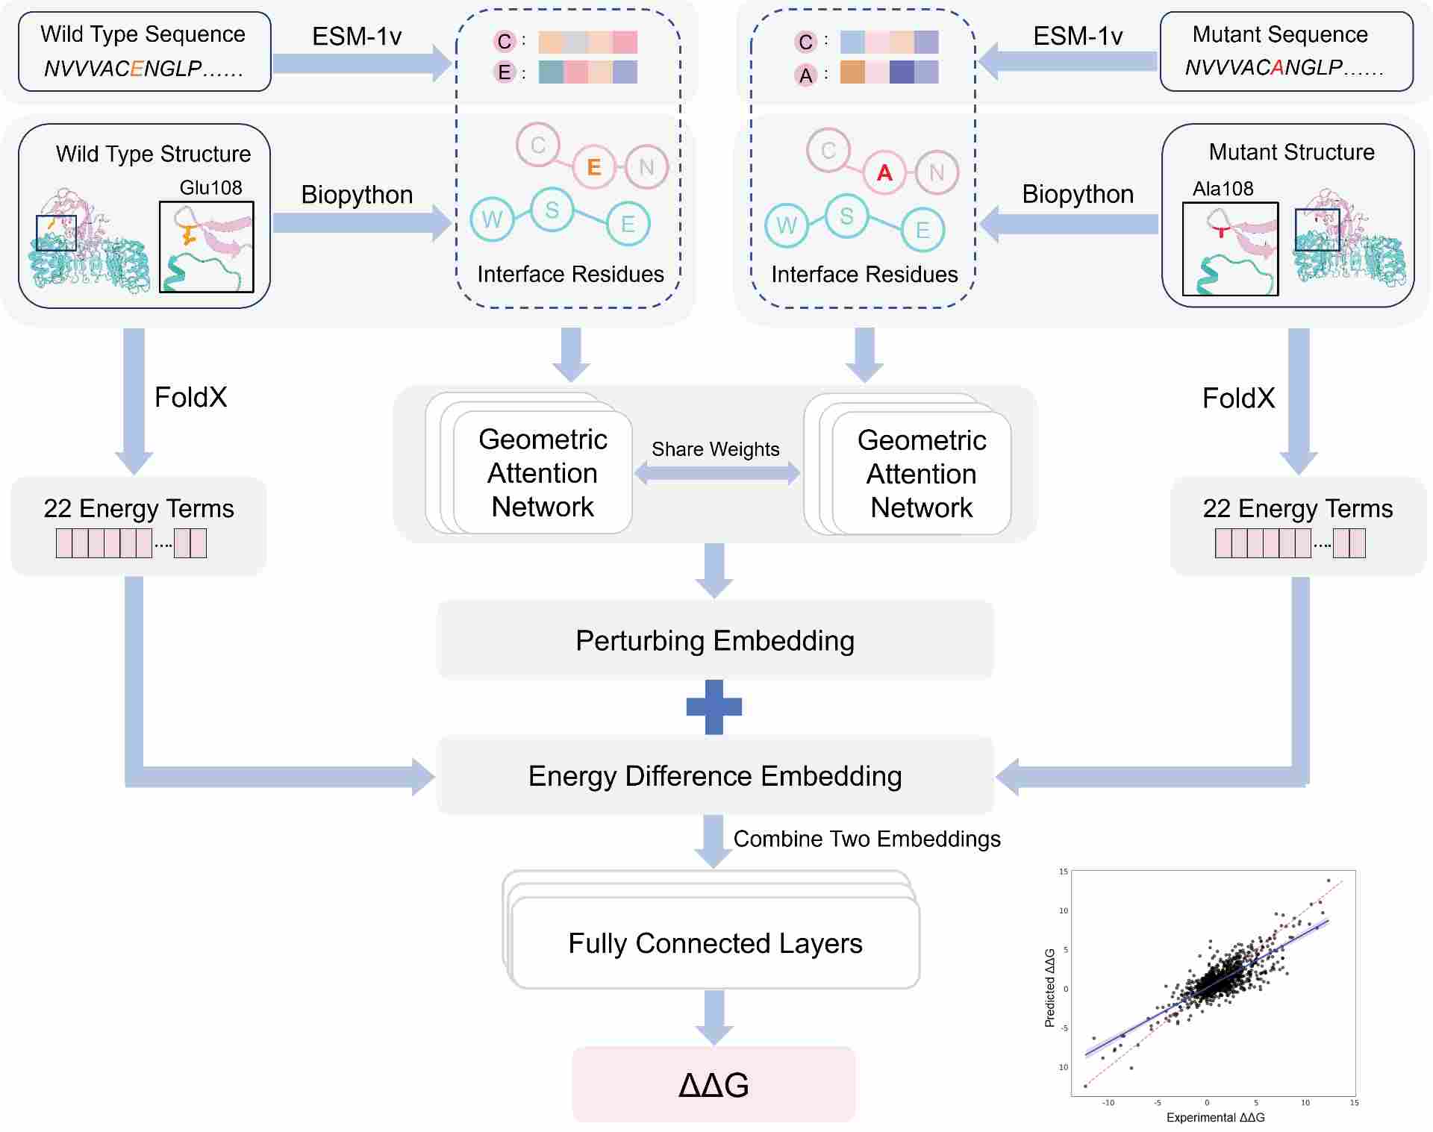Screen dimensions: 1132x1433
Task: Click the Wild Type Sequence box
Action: (144, 51)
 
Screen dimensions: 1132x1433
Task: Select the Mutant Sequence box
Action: (1286, 51)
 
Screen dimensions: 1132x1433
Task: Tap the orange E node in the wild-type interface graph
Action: (594, 166)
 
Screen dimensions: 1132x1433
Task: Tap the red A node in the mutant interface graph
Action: (884, 172)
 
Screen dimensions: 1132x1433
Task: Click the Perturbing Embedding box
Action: (715, 641)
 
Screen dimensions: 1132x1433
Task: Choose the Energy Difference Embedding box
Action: (715, 776)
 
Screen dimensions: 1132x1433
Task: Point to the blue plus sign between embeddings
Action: (714, 707)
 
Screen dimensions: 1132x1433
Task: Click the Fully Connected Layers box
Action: (715, 943)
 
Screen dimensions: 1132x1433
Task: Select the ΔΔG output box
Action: (714, 1084)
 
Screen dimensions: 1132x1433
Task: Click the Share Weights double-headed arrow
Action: (716, 473)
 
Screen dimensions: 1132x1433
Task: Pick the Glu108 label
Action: (210, 188)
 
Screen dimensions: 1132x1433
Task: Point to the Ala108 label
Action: (1223, 189)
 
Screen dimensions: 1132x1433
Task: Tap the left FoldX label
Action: (190, 397)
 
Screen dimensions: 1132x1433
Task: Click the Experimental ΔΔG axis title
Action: (1215, 1117)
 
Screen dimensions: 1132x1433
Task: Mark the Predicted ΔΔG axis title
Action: (1050, 987)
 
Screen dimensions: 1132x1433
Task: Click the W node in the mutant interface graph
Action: (787, 225)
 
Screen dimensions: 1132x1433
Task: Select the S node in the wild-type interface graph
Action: (552, 210)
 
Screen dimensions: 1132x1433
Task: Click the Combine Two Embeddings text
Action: (867, 839)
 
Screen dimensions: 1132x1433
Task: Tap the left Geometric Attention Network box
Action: (543, 473)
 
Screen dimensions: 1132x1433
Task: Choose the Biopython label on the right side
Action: (1077, 194)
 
